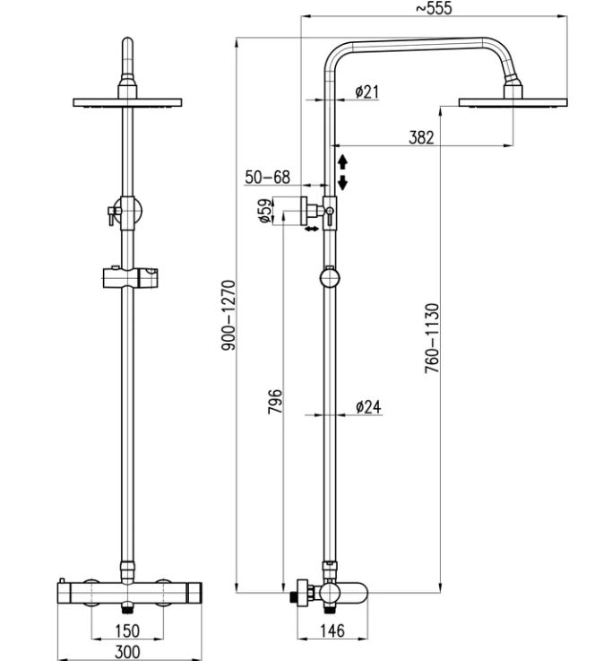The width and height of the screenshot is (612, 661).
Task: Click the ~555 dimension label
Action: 434,8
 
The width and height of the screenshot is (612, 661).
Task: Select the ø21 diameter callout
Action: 366,91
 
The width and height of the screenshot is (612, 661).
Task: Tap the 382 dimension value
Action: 421,137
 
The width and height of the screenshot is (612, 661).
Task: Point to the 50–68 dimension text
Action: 267,177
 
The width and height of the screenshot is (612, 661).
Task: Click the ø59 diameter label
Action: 264,211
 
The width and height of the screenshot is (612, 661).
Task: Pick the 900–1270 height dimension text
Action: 229,315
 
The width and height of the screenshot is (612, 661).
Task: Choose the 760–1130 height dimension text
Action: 432,338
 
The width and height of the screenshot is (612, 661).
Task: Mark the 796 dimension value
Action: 275,401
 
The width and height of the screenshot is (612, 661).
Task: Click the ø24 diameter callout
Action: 368,407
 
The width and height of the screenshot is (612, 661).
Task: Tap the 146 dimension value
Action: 332,631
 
